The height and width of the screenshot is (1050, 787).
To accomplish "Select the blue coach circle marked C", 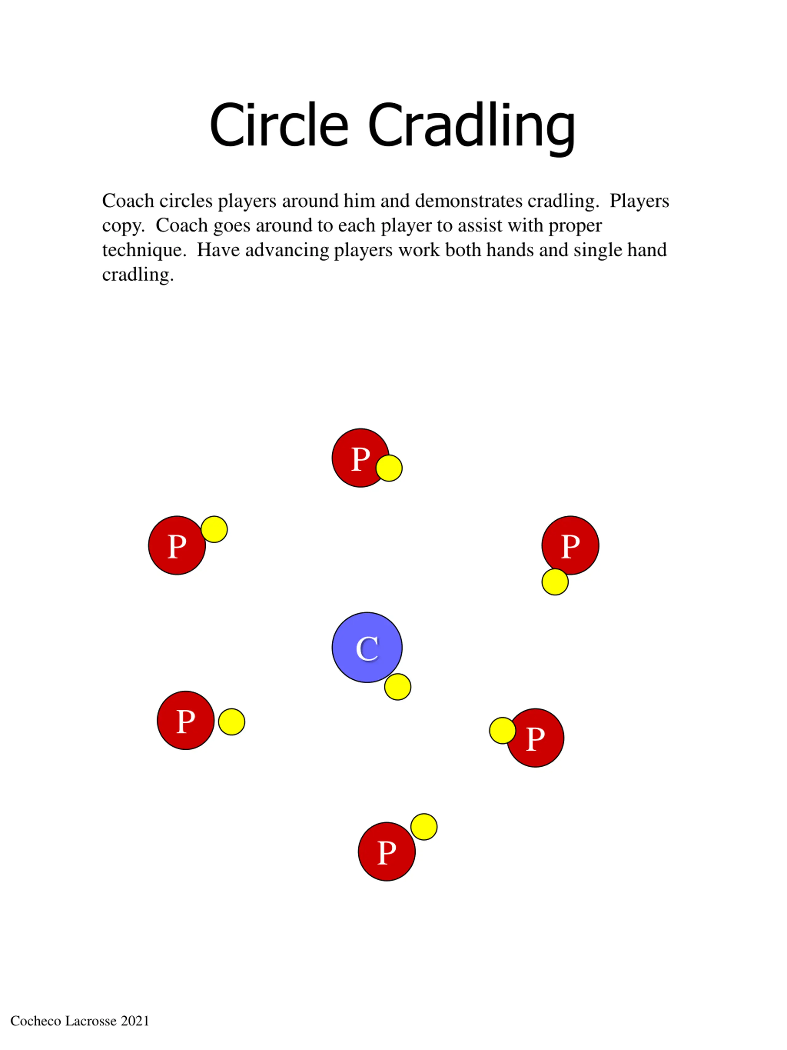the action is click(367, 648).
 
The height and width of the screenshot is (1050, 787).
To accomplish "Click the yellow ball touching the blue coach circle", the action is click(397, 687).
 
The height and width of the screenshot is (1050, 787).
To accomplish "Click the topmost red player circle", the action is click(361, 457).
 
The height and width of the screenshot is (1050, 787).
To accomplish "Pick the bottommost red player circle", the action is click(387, 852).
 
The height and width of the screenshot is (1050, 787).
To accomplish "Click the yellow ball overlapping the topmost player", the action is click(389, 468).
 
